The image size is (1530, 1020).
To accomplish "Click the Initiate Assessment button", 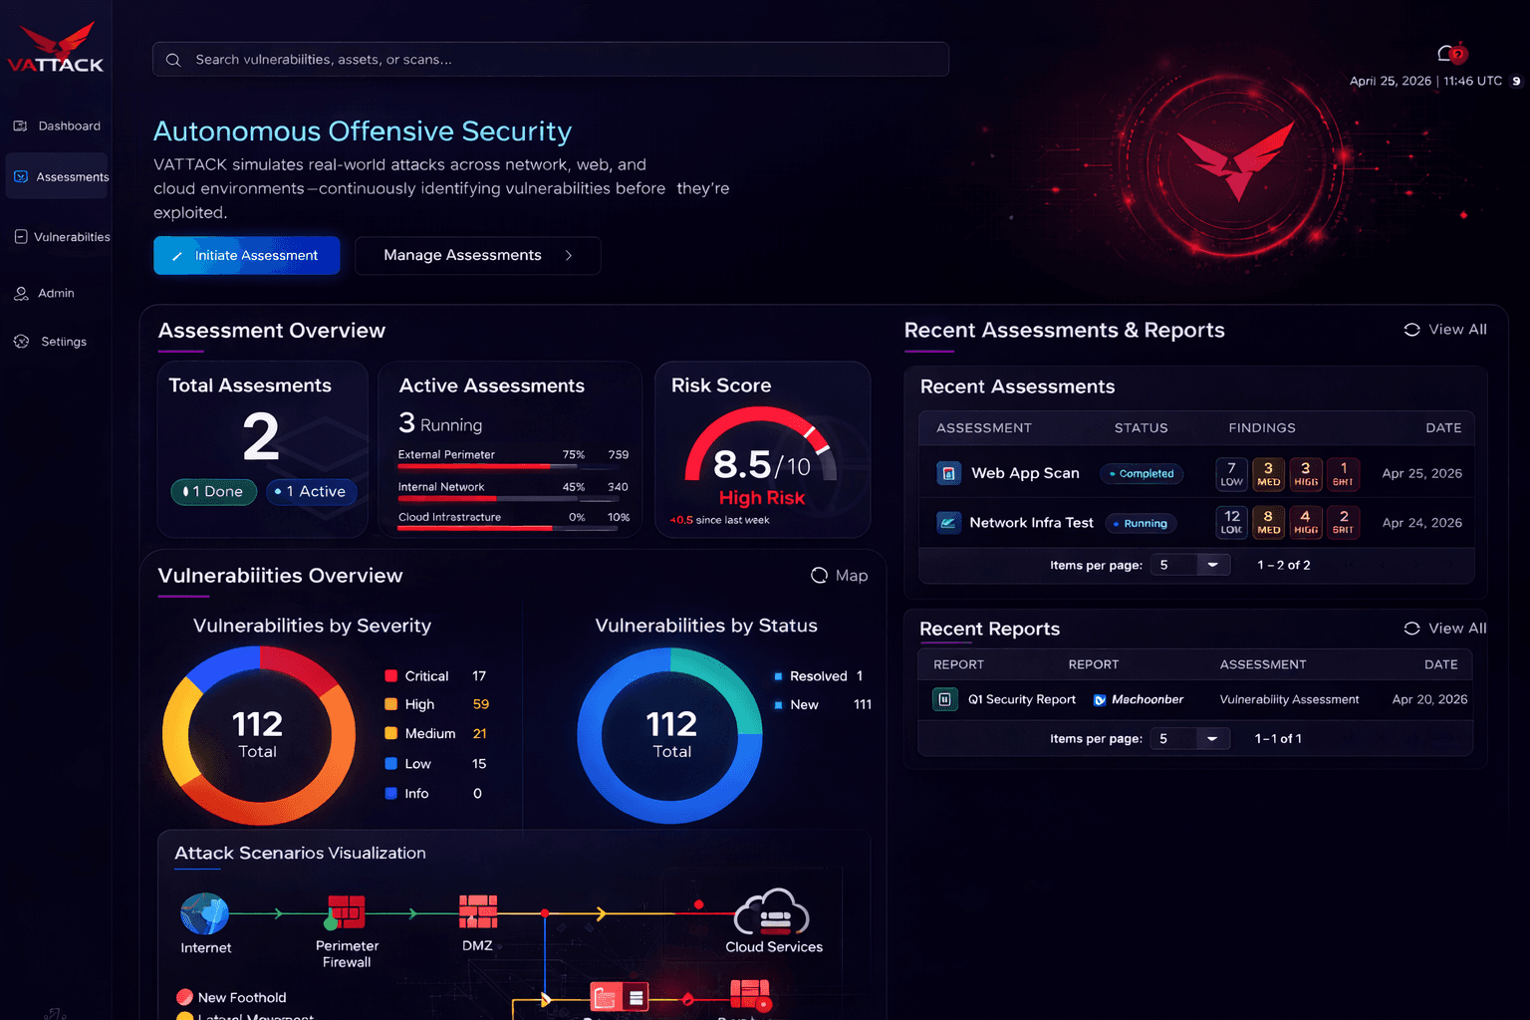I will [x=246, y=256].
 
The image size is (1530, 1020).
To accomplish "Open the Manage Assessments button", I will [x=477, y=256].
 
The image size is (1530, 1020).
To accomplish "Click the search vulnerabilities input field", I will [x=550, y=60].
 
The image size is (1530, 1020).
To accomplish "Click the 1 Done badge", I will [x=213, y=492].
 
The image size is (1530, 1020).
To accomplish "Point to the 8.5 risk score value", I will [x=742, y=464].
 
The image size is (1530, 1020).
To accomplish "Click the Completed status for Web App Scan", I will [x=1142, y=474].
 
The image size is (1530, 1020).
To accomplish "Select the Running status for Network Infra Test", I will [x=1142, y=524].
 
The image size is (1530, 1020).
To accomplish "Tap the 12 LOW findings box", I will [x=1232, y=522].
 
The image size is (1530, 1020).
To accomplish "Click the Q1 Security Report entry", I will [x=1021, y=700].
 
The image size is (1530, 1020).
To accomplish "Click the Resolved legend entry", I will [x=817, y=676].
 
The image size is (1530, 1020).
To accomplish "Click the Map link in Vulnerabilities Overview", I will [x=840, y=576].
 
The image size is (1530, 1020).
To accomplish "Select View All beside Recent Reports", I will [x=1445, y=629].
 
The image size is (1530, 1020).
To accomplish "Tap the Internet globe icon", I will [x=204, y=913].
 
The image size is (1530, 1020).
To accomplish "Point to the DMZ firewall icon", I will [x=478, y=911].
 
